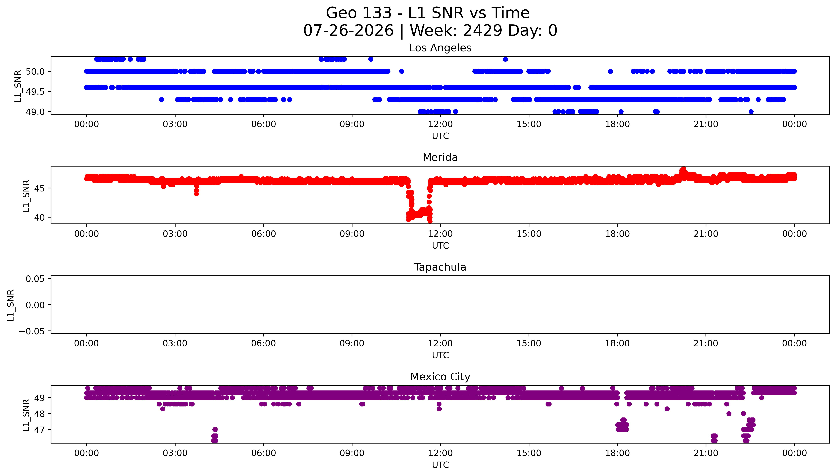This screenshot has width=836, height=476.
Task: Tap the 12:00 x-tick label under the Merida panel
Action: (440, 234)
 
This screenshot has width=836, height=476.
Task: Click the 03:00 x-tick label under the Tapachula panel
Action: (175, 344)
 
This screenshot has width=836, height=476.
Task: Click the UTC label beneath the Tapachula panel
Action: (440, 355)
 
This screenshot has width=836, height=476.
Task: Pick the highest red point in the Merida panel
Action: (683, 169)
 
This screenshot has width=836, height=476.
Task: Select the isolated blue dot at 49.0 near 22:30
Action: (751, 112)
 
